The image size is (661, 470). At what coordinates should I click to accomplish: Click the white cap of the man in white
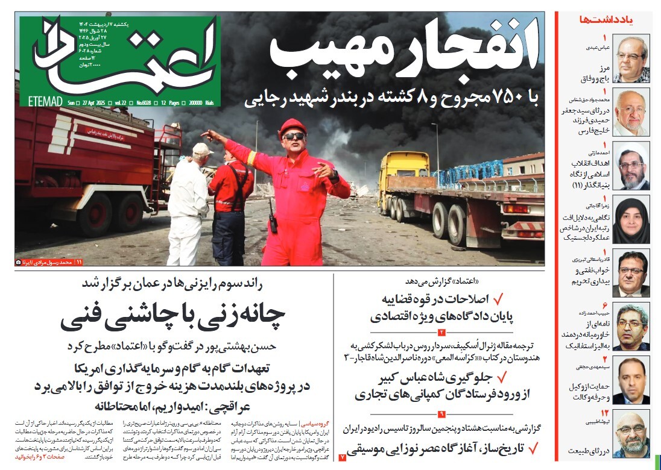[x=201, y=149]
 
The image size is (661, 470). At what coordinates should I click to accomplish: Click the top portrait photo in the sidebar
[x=631, y=58]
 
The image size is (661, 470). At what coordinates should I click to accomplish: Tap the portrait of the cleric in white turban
[x=631, y=166]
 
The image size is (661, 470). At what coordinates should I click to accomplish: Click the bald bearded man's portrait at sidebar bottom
[x=631, y=434]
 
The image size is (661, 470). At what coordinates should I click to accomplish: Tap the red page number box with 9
[x=441, y=414]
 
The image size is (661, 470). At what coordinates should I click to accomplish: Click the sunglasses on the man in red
[x=294, y=137]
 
